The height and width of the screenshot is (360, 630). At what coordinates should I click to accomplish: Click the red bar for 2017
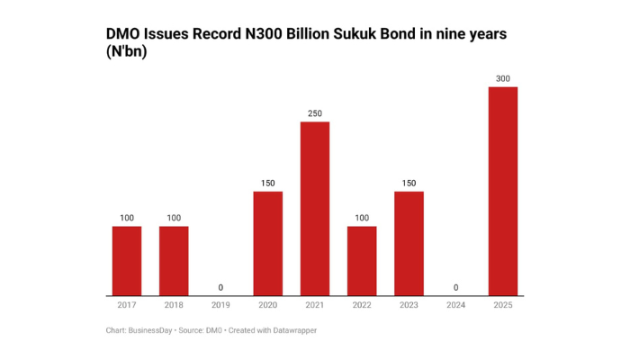coord(127,261)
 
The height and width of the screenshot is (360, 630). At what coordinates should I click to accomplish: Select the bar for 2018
coord(174,261)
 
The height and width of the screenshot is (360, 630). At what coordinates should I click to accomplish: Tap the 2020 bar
coord(268,244)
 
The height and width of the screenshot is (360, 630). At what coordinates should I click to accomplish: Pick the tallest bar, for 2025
coord(503,191)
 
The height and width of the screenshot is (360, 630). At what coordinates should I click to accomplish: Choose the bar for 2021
coord(315,209)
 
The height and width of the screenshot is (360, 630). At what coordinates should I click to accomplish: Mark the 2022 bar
coord(362,261)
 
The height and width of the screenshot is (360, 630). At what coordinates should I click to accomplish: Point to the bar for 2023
coord(409,244)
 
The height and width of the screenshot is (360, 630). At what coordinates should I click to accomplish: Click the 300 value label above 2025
coord(503,78)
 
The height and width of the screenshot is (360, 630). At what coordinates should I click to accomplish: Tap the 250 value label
coord(315,113)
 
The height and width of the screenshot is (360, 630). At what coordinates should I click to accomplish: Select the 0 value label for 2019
coord(220,288)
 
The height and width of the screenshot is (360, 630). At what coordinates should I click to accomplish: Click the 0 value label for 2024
coord(456,288)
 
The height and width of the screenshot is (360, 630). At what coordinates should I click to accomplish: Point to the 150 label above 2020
coord(268,184)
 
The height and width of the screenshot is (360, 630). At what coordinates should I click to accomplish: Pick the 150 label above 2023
coord(409,184)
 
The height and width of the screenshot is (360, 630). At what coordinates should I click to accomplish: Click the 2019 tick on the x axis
coord(220,306)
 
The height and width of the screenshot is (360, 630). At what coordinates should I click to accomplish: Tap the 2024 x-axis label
coord(456,306)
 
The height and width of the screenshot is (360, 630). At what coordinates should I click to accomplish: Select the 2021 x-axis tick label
coord(315,306)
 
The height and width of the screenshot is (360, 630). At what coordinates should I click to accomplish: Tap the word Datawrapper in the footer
coord(292,330)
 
